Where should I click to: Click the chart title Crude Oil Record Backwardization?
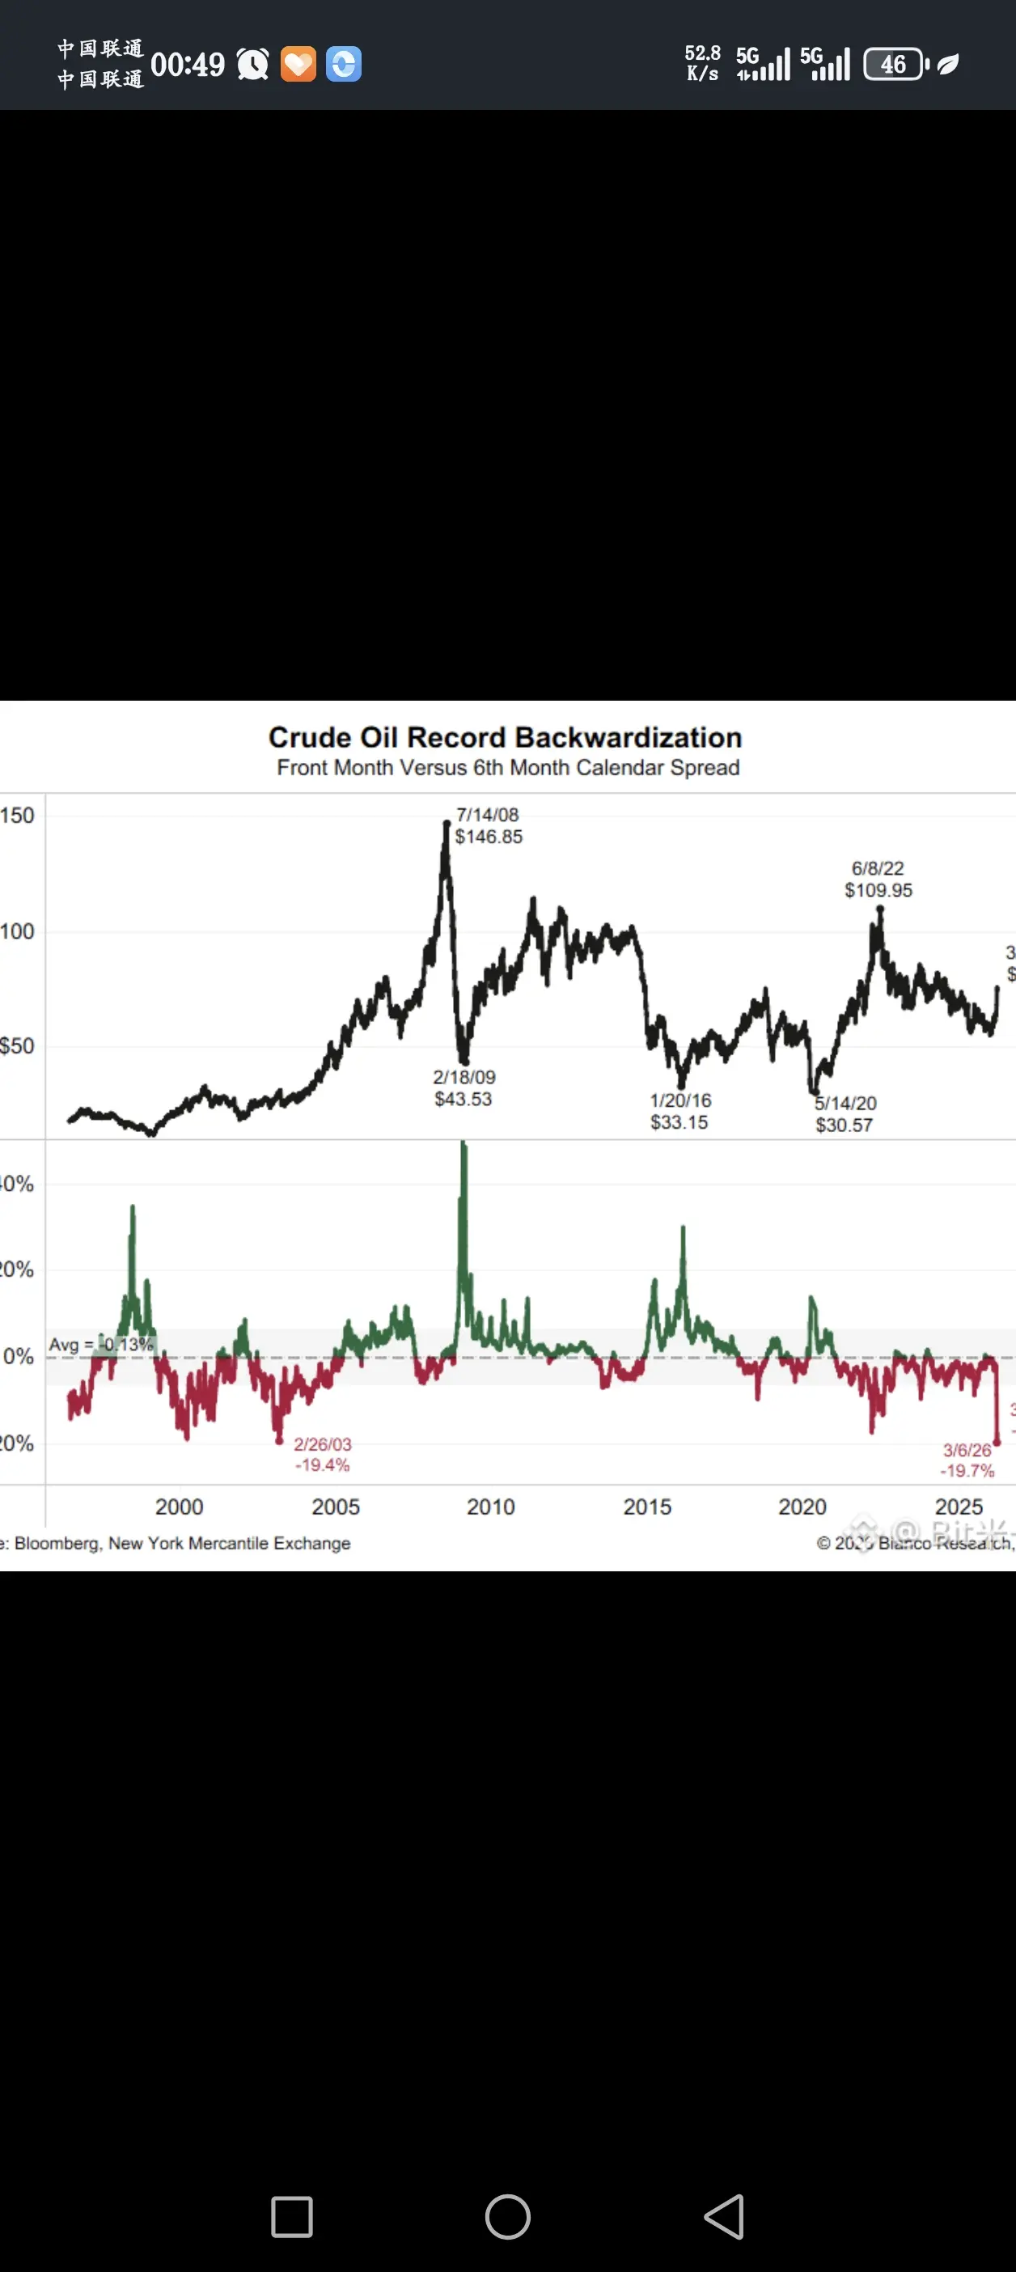point(505,737)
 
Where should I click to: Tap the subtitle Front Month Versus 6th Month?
point(508,767)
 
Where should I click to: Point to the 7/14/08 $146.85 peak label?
point(489,825)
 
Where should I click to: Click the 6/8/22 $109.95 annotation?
point(878,880)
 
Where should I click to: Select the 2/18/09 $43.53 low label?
point(464,1087)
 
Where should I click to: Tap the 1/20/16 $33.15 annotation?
point(680,1111)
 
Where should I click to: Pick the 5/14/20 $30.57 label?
point(845,1114)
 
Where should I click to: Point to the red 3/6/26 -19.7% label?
point(967,1460)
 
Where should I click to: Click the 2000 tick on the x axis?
point(179,1507)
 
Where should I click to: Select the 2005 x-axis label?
point(335,1507)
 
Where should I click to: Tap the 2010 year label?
point(490,1507)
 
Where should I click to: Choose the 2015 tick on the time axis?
point(647,1507)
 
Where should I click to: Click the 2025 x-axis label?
point(959,1507)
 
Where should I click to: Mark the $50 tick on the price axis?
point(18,1046)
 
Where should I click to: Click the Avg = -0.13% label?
point(100,1345)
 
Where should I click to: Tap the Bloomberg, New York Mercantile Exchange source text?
point(182,1544)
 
